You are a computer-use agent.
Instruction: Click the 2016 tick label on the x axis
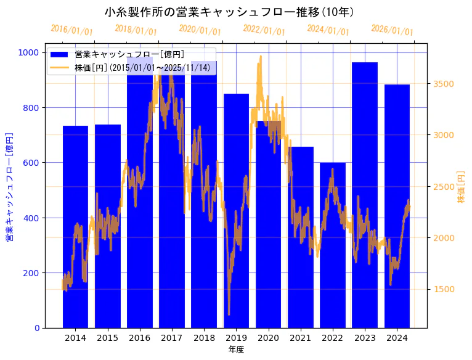[140, 338]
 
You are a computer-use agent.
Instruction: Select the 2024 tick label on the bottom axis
[397, 338]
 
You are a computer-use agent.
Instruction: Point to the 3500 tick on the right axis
[445, 84]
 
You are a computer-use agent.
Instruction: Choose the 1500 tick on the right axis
[445, 289]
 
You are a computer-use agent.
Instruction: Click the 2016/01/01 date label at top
[72, 30]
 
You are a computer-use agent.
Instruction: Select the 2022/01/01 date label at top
[264, 30]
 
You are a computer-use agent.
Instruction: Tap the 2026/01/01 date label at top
[393, 30]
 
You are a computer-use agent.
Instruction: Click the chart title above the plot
[229, 12]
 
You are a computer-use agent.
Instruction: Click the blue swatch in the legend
[60, 55]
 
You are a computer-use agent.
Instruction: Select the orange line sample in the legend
[60, 67]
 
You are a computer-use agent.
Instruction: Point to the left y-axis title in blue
[9, 187]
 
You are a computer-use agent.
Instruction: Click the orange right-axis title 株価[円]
[462, 187]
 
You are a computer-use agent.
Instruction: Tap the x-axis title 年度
[236, 350]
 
